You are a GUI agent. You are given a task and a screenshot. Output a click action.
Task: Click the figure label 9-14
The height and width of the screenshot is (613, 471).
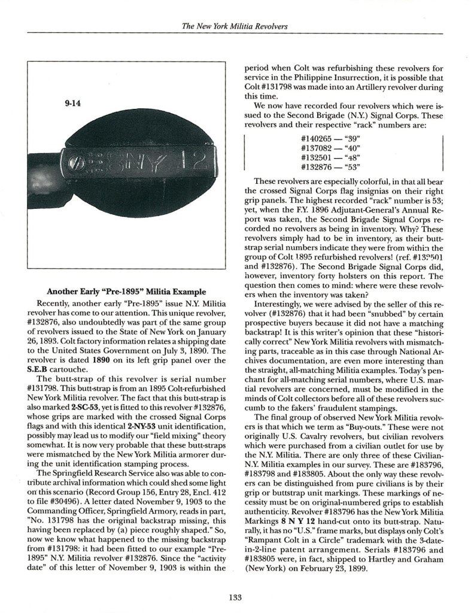(72, 103)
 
